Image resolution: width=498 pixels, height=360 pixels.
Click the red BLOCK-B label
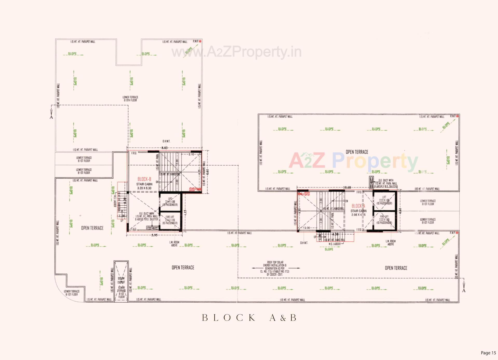(144, 179)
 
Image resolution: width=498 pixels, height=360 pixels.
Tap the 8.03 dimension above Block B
(164, 148)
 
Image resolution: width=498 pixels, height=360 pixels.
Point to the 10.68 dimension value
(347, 187)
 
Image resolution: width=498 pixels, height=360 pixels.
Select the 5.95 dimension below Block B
(154, 235)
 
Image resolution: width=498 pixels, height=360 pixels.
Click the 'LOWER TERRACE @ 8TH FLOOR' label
(130, 99)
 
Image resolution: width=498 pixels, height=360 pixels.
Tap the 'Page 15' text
(488, 353)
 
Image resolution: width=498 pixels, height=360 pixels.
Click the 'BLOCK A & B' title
(249, 318)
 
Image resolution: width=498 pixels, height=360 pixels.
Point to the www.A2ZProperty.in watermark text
(236, 52)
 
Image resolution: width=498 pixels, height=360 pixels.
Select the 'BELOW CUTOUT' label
(121, 280)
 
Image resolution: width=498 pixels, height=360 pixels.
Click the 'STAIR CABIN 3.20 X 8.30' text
(144, 186)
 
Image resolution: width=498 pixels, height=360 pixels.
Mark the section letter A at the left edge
(51, 117)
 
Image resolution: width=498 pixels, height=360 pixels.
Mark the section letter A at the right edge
(464, 291)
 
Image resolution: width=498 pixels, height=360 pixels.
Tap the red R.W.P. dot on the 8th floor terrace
(200, 41)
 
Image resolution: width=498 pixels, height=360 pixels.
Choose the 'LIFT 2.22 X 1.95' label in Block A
(384, 200)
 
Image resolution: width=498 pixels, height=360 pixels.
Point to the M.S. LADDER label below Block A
(335, 244)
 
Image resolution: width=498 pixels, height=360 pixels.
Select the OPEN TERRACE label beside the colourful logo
(357, 152)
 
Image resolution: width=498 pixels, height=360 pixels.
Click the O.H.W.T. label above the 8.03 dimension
(166, 141)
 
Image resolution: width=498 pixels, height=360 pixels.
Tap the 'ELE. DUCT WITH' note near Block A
(386, 180)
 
